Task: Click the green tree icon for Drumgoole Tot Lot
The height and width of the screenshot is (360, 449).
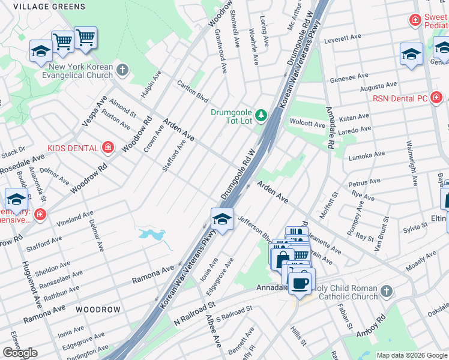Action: pos(261,114)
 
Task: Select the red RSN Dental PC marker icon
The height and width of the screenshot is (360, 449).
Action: pos(436,98)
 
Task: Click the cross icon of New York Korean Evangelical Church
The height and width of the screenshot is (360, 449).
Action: pos(122,70)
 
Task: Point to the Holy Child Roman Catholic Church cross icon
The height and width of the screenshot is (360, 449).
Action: pos(386,292)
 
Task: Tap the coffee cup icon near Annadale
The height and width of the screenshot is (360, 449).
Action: pos(301,283)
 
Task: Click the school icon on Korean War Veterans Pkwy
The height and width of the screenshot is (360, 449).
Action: pos(222,219)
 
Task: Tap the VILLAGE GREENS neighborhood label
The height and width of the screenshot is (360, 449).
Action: pos(49,5)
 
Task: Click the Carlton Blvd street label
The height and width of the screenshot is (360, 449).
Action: pos(192,91)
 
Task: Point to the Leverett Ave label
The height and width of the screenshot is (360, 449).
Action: pos(342,38)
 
